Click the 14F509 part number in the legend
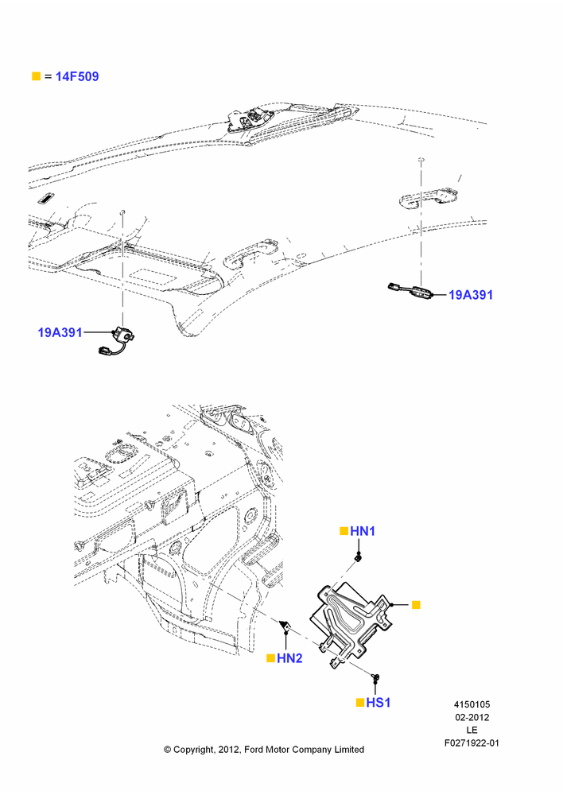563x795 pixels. click(x=77, y=76)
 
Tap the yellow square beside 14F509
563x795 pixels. click(x=36, y=76)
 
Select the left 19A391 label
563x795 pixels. click(x=60, y=332)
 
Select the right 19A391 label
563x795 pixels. click(x=471, y=295)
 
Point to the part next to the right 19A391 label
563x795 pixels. click(x=410, y=291)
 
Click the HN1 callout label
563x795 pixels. click(x=363, y=531)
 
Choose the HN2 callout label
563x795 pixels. click(x=289, y=658)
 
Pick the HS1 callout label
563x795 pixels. click(x=379, y=702)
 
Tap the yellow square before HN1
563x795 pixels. click(x=344, y=531)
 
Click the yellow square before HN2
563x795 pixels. click(x=271, y=658)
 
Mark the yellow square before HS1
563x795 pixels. click(x=360, y=702)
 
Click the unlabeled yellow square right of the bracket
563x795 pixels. click(x=416, y=604)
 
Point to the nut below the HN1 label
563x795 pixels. click(x=358, y=558)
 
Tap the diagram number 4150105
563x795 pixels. click(x=472, y=704)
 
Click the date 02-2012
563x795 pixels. click(x=472, y=717)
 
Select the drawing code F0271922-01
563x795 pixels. click(x=472, y=743)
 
